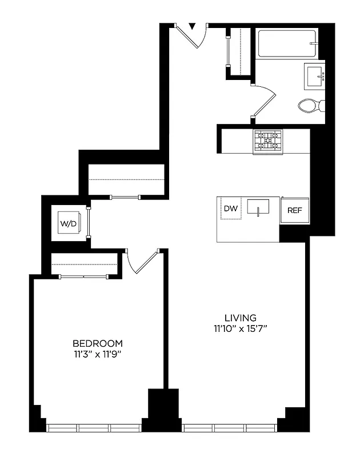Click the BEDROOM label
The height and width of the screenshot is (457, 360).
(x=98, y=343)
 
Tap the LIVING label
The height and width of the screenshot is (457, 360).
(x=240, y=318)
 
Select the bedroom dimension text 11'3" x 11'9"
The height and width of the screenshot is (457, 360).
(x=98, y=354)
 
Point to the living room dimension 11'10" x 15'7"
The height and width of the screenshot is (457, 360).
(x=240, y=328)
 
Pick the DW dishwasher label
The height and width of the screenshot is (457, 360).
(x=231, y=209)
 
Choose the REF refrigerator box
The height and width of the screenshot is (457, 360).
(x=294, y=210)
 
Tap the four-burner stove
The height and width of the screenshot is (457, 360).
(x=268, y=142)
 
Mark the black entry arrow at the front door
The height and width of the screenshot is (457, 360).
(x=192, y=26)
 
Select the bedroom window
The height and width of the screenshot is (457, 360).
(x=94, y=427)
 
